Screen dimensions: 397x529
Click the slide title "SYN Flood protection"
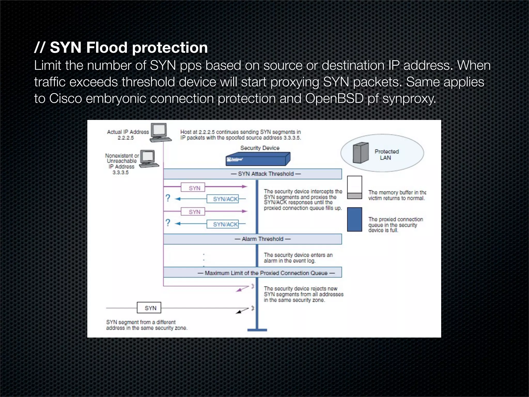coord(128,48)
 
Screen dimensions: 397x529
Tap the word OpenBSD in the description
coord(334,98)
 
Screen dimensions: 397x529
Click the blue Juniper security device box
coord(258,159)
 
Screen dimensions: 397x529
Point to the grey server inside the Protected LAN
coord(361,153)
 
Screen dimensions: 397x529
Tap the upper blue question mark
coord(168,198)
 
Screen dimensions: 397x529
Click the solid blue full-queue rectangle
coord(354,219)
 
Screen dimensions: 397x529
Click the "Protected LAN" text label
coord(386,155)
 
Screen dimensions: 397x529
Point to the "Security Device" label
coord(260,148)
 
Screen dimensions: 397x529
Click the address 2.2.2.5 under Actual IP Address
coord(126,138)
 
